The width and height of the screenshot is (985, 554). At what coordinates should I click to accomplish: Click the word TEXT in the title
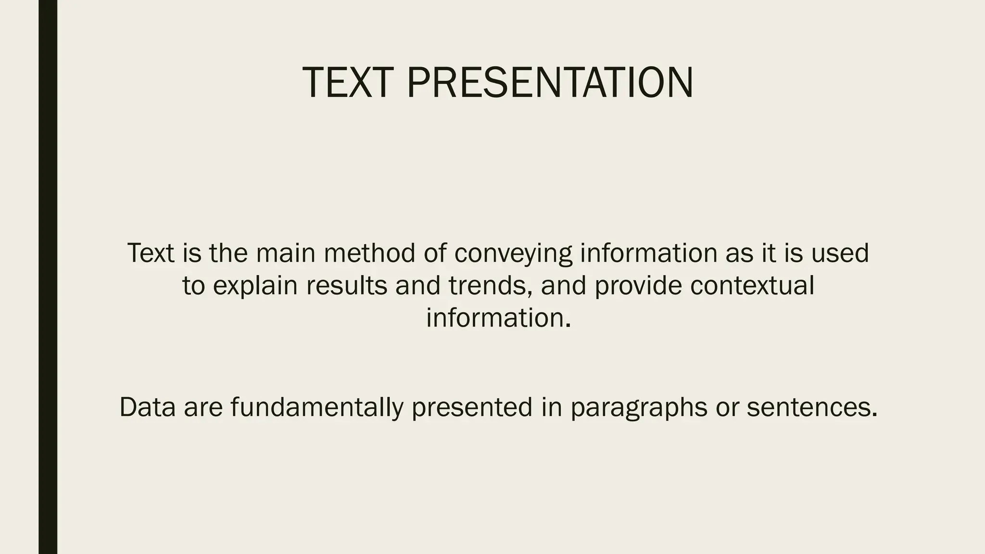348,83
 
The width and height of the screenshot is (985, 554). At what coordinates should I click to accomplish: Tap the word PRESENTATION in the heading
550,83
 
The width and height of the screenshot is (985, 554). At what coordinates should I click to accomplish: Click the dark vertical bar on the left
48,277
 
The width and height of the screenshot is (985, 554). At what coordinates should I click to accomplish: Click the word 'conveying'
513,254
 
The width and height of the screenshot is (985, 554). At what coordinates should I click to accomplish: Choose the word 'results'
346,286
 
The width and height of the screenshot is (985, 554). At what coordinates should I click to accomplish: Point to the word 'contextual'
752,286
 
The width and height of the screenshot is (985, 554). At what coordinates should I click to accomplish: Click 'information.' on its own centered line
498,318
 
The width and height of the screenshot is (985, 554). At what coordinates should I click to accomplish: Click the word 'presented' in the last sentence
472,407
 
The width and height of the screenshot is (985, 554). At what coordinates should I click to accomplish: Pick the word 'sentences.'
812,407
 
